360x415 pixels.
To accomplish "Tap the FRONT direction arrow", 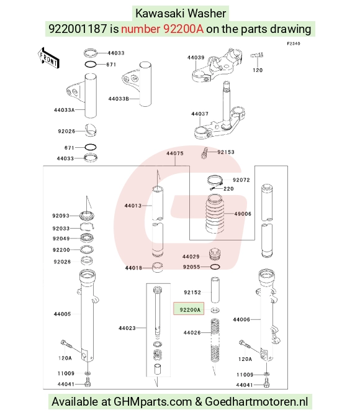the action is tap(48, 58).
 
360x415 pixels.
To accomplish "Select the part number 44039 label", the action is tap(196, 57).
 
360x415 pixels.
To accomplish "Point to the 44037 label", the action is tap(200, 114).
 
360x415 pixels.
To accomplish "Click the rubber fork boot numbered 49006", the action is tap(215, 214).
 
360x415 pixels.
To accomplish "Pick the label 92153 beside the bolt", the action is tap(226, 152).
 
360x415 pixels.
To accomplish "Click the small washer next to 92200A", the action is tap(215, 309).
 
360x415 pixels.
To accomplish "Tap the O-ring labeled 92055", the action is tap(215, 267).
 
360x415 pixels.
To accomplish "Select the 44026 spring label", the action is tap(192, 333).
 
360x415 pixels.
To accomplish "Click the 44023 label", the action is tap(127, 328).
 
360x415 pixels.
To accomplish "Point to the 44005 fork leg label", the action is tap(62, 314).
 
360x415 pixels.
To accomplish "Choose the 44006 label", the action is tap(241, 320).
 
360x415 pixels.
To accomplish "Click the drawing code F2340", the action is tap(294, 43).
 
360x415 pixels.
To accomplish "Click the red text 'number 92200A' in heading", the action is tap(162, 29).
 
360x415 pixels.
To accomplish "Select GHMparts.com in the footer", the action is tap(153, 402).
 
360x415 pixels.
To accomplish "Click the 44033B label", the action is tap(119, 99).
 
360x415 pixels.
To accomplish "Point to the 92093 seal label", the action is tap(61, 216).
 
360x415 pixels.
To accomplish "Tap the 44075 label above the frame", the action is tap(175, 153).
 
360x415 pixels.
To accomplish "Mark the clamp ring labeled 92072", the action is tap(215, 181).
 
